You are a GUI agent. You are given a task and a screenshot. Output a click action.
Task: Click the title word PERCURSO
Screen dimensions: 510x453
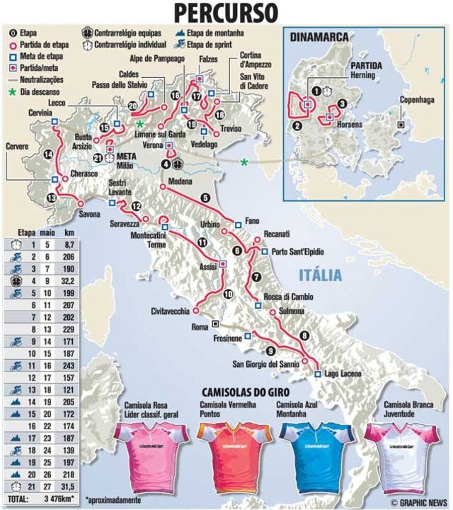point(226,13)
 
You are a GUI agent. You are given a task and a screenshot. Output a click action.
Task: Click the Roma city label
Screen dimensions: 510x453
point(201,327)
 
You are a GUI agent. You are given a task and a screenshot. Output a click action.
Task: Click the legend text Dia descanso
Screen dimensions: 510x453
point(40,91)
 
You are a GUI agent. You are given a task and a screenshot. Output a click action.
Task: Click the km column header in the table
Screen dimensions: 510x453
point(68,231)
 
